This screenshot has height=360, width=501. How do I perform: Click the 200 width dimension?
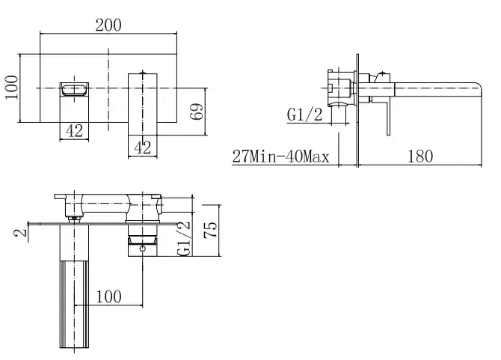point(108,25)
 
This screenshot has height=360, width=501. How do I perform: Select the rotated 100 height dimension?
point(11,88)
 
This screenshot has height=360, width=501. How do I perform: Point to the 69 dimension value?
point(197,112)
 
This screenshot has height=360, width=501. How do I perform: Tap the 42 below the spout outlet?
point(74,130)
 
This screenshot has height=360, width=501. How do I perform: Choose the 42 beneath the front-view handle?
point(143,147)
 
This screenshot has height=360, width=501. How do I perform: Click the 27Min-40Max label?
point(280,156)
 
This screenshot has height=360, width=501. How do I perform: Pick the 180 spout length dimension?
point(420,156)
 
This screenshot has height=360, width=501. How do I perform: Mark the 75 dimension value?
point(211,230)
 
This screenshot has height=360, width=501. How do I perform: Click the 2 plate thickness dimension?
point(20,233)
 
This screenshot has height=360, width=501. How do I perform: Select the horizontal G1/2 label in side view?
point(305,115)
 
